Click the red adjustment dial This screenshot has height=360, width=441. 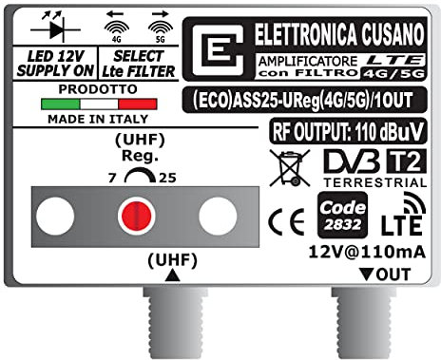[132, 216]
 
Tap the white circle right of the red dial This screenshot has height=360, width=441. [217, 216]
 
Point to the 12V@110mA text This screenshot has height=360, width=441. [356, 251]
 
